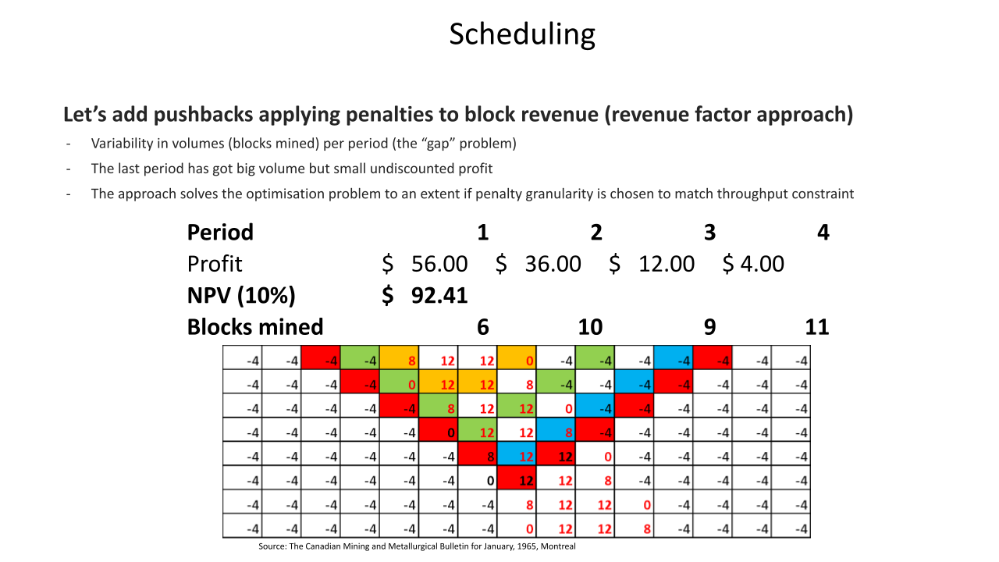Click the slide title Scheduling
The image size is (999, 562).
coord(522,34)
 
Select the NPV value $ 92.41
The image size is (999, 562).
coord(425,295)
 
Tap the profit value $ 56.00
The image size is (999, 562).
coord(425,264)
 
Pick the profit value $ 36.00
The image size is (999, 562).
coord(539,264)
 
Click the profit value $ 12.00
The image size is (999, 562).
coord(652,264)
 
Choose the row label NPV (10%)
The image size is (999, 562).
coord(241,295)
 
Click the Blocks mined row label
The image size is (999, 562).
coord(255,326)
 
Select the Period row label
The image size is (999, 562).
coord(220,233)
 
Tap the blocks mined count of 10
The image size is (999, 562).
coord(590,326)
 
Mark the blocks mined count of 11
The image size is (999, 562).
coord(816,326)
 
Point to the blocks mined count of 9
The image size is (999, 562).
coord(709,326)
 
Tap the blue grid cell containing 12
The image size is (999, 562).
coord(516,454)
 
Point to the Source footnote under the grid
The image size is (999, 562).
coord(417,546)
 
